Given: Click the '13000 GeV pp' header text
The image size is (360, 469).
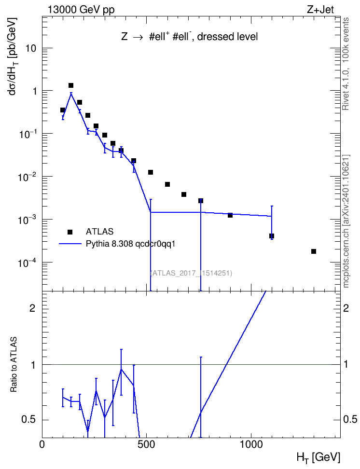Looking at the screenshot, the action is click(81, 10).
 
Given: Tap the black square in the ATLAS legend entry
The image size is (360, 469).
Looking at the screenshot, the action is click(70, 232).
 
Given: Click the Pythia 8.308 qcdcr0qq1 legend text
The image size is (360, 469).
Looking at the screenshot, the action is click(130, 244).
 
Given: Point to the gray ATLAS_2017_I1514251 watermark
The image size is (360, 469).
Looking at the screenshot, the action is click(191, 273).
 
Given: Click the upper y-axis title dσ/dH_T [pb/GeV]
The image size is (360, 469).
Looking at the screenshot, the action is click(13, 56).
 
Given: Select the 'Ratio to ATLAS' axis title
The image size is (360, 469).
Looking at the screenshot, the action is click(14, 365).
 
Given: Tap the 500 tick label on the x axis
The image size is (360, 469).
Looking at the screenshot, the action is click(146, 445).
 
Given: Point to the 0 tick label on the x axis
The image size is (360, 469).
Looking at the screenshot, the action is click(42, 445).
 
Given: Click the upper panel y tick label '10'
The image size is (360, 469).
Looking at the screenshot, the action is click(31, 48).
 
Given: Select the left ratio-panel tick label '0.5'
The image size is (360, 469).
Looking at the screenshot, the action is click(28, 420).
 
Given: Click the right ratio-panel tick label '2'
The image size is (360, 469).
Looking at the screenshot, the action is click(346, 308).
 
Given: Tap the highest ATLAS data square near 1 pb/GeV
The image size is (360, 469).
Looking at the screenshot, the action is click(71, 85).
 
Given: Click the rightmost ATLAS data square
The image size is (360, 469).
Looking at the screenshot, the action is click(314, 251).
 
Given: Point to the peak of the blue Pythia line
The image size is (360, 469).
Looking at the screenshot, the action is click(71, 93).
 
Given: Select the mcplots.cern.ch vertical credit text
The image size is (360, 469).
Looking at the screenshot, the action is click(346, 221).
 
